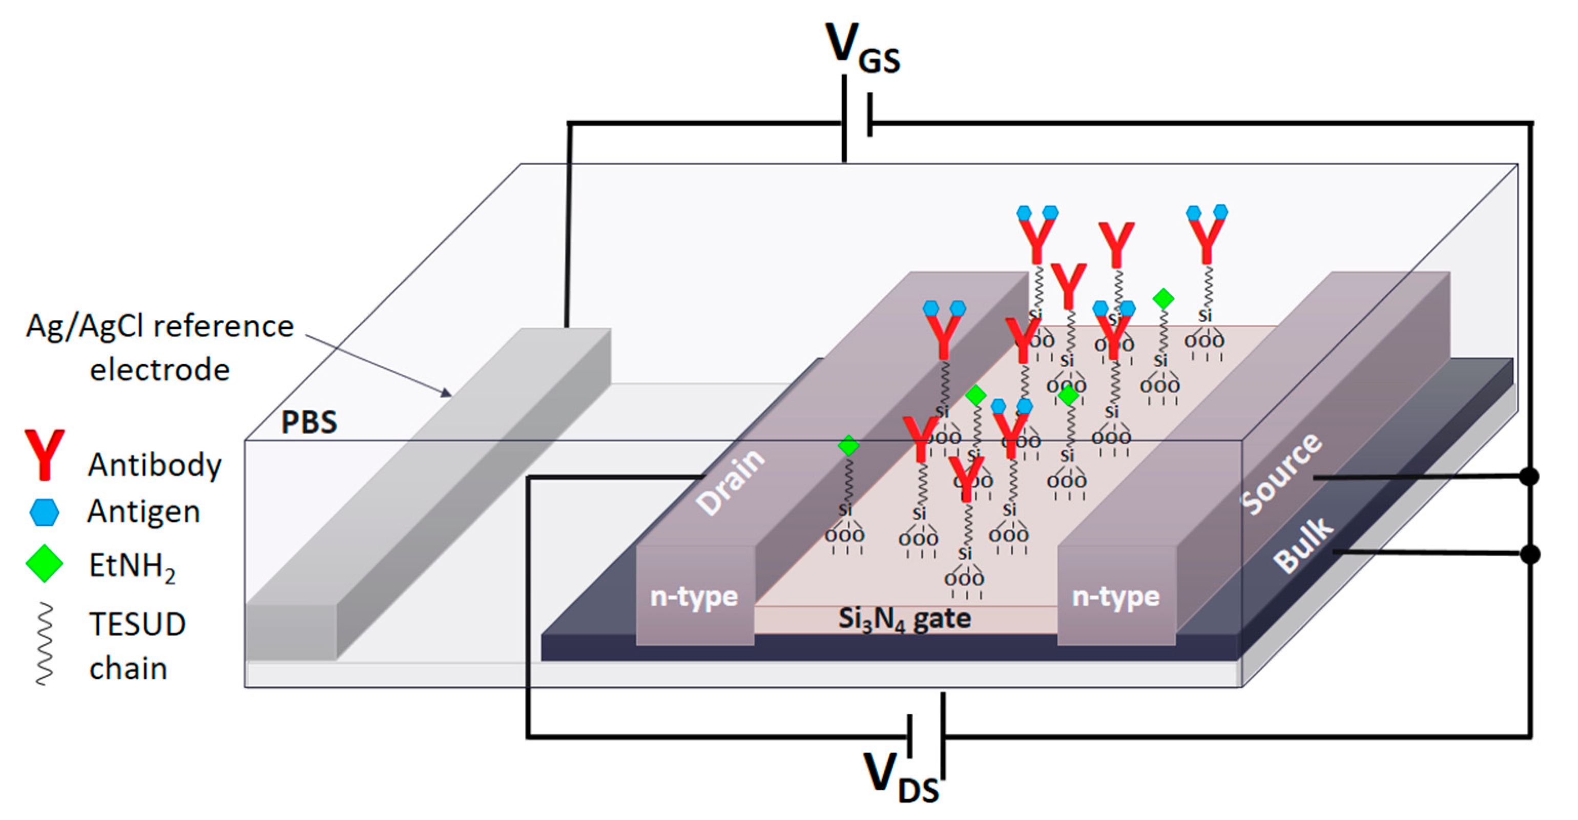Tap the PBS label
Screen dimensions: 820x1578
click(309, 422)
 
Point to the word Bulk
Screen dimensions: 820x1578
click(1302, 545)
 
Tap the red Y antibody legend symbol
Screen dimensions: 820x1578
click(44, 454)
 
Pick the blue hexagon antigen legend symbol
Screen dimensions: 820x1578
click(44, 512)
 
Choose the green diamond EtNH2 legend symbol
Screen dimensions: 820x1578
click(44, 563)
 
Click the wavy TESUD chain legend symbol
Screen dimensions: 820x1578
click(44, 644)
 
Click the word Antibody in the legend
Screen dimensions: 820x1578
click(154, 464)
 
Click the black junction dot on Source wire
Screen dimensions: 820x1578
click(1530, 476)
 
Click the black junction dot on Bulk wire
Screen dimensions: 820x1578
click(1530, 554)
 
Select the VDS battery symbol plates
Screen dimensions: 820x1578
click(926, 735)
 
